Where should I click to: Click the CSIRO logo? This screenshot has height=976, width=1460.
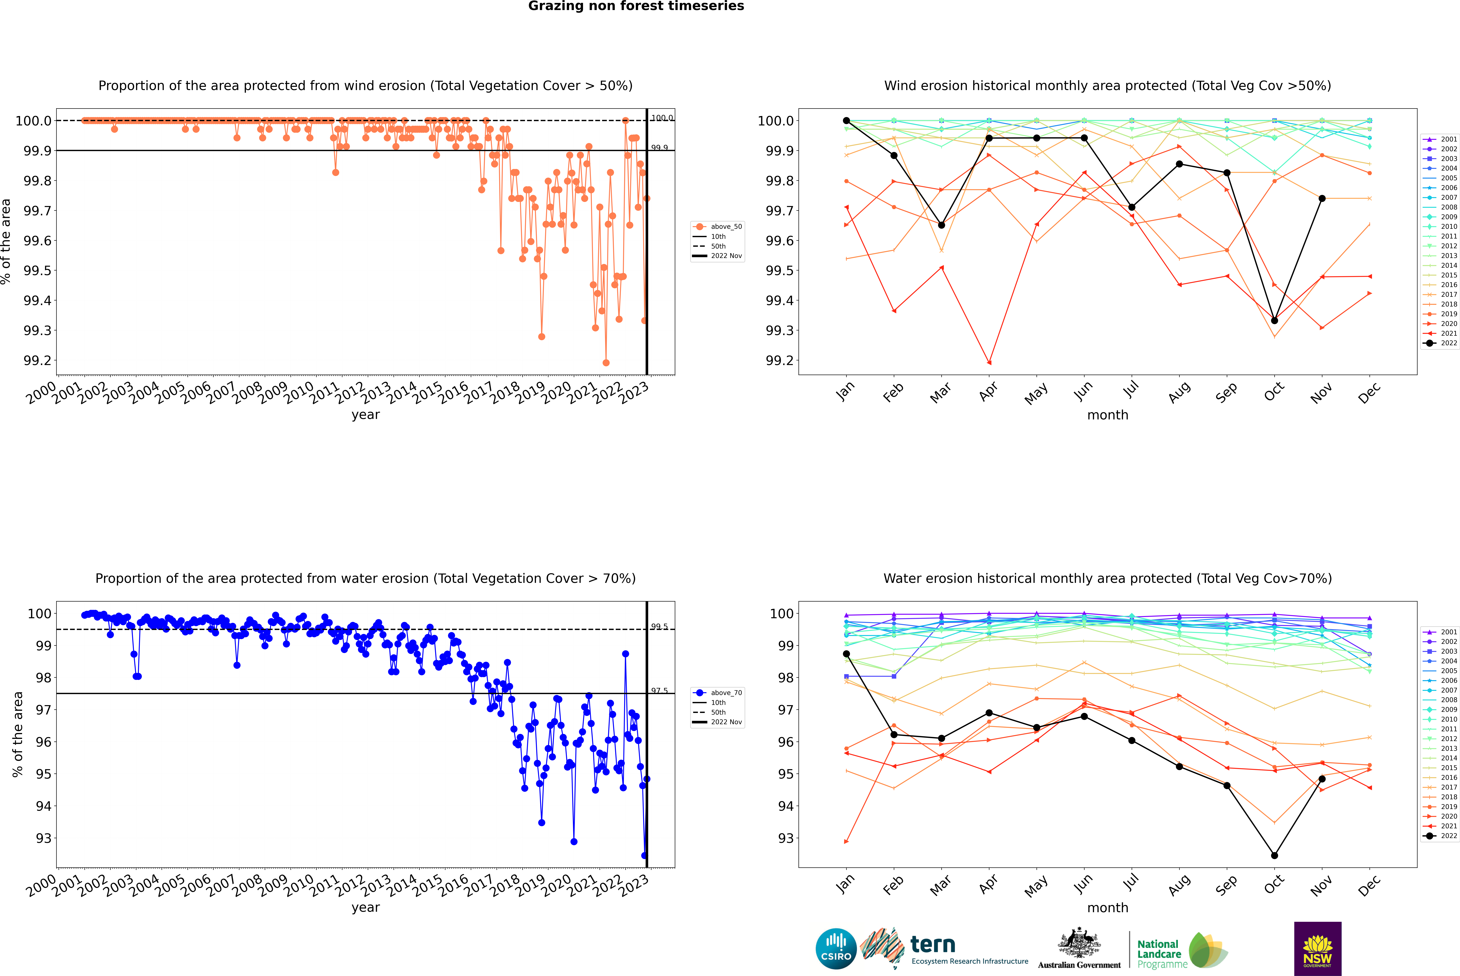point(836,949)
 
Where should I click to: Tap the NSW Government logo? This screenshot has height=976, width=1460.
point(1317,949)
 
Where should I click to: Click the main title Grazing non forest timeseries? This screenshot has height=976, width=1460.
point(636,6)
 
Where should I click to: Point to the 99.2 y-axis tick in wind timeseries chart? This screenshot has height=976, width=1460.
point(37,360)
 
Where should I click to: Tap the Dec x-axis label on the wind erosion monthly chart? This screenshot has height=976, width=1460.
point(1369,393)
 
